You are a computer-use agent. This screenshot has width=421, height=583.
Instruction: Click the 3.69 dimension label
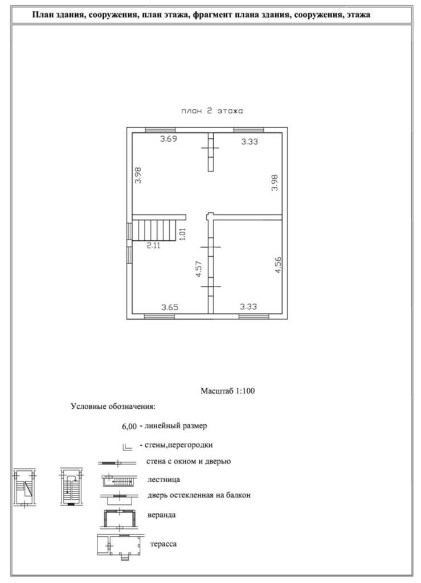(x=168, y=139)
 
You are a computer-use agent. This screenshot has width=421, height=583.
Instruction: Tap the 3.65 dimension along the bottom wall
(x=169, y=307)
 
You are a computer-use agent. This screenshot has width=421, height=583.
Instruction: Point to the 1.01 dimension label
(x=182, y=235)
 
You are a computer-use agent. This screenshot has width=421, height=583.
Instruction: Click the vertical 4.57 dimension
(x=198, y=269)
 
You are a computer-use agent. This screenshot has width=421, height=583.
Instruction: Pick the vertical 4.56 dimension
(x=278, y=265)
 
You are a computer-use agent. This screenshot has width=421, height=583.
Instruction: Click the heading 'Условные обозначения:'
(x=113, y=407)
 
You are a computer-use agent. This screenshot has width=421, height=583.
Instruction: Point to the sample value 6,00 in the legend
(x=129, y=426)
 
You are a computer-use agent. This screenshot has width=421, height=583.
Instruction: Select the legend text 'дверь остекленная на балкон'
(x=199, y=495)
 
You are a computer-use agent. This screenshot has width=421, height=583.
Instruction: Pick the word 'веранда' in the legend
(x=161, y=515)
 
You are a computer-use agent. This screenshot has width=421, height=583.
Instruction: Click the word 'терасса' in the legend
(x=164, y=544)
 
